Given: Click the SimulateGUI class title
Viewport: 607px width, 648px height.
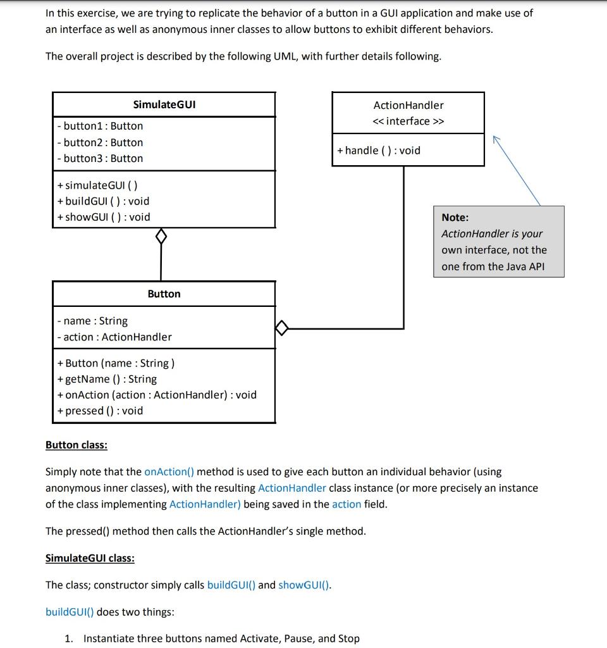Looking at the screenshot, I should [x=164, y=104].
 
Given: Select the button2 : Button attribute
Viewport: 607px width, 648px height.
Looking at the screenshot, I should [x=100, y=142].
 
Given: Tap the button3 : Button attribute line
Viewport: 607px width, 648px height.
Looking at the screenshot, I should [x=100, y=158].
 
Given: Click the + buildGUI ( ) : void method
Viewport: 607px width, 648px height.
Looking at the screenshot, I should [x=103, y=201].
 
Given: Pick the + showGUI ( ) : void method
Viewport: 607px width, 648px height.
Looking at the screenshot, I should [x=104, y=217].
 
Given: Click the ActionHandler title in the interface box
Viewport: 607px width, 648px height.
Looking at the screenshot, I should [x=408, y=105].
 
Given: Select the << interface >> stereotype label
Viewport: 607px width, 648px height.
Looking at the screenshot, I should [x=408, y=121].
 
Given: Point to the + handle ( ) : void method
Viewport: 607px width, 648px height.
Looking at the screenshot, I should [x=379, y=150].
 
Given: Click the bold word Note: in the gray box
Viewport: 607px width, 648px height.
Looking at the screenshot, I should [x=455, y=217].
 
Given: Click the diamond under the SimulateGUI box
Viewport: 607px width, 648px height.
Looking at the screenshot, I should [x=161, y=237].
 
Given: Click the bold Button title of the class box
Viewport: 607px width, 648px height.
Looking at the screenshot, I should [x=164, y=294].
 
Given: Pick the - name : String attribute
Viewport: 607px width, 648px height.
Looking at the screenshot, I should [x=92, y=321].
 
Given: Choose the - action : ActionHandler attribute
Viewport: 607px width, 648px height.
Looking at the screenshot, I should [x=114, y=337].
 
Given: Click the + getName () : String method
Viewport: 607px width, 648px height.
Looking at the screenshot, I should [x=107, y=379].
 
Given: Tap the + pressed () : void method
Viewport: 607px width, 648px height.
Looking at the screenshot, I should [x=100, y=411].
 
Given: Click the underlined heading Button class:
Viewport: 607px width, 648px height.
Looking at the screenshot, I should [x=77, y=445].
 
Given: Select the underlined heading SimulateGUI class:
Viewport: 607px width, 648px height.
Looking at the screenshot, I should [x=90, y=558].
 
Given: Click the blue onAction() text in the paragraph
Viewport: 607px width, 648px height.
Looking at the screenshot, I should [x=169, y=471].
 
